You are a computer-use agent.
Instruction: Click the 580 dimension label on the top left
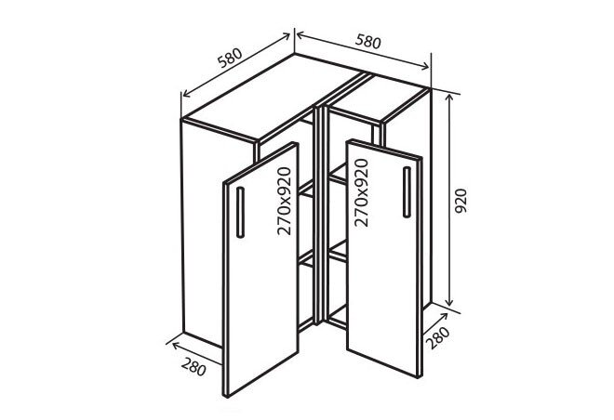231,58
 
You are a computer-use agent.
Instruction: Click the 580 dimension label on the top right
368,42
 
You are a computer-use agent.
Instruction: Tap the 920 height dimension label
460,201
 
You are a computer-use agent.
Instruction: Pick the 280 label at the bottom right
438,337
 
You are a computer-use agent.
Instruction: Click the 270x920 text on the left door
285,201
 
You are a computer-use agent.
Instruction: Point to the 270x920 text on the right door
361,192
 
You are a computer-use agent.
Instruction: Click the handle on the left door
240,213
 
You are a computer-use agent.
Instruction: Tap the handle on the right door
407,192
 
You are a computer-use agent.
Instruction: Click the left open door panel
261,269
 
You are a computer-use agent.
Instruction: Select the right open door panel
384,258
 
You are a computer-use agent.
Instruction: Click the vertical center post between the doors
321,215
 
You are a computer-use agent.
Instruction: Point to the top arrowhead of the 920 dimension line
450,98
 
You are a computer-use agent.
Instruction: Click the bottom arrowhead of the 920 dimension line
449,302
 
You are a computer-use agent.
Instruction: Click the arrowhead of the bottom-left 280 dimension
175,346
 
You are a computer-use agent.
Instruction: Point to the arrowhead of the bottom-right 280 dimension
444,316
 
